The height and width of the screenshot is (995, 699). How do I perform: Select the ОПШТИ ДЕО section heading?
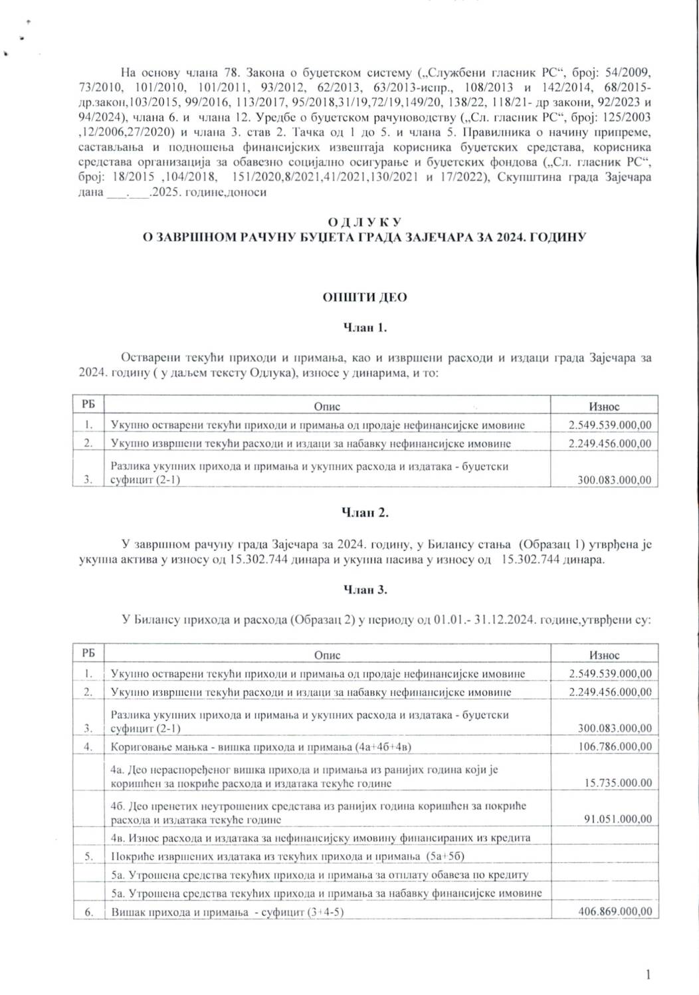(365, 298)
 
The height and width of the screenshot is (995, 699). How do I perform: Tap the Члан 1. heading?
(365, 328)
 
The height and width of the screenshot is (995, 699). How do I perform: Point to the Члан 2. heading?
(365, 512)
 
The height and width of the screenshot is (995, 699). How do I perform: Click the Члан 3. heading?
(365, 590)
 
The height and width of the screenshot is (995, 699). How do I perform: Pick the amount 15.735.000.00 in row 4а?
(617, 783)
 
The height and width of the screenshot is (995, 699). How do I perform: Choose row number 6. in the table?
(88, 912)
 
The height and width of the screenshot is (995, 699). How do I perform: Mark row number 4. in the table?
(88, 746)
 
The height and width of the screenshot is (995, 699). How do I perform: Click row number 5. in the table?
(88, 857)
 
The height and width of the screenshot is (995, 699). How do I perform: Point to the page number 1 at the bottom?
(648, 975)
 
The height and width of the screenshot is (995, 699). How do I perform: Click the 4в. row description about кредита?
(320, 837)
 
